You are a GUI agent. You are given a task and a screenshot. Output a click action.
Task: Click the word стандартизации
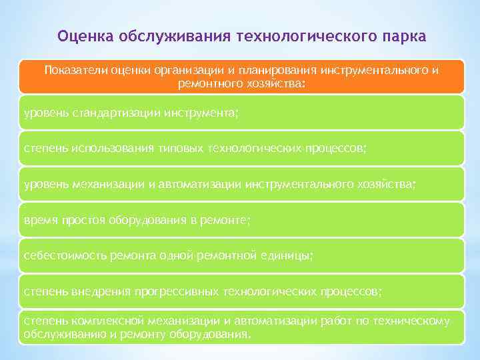[x=113, y=113]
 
